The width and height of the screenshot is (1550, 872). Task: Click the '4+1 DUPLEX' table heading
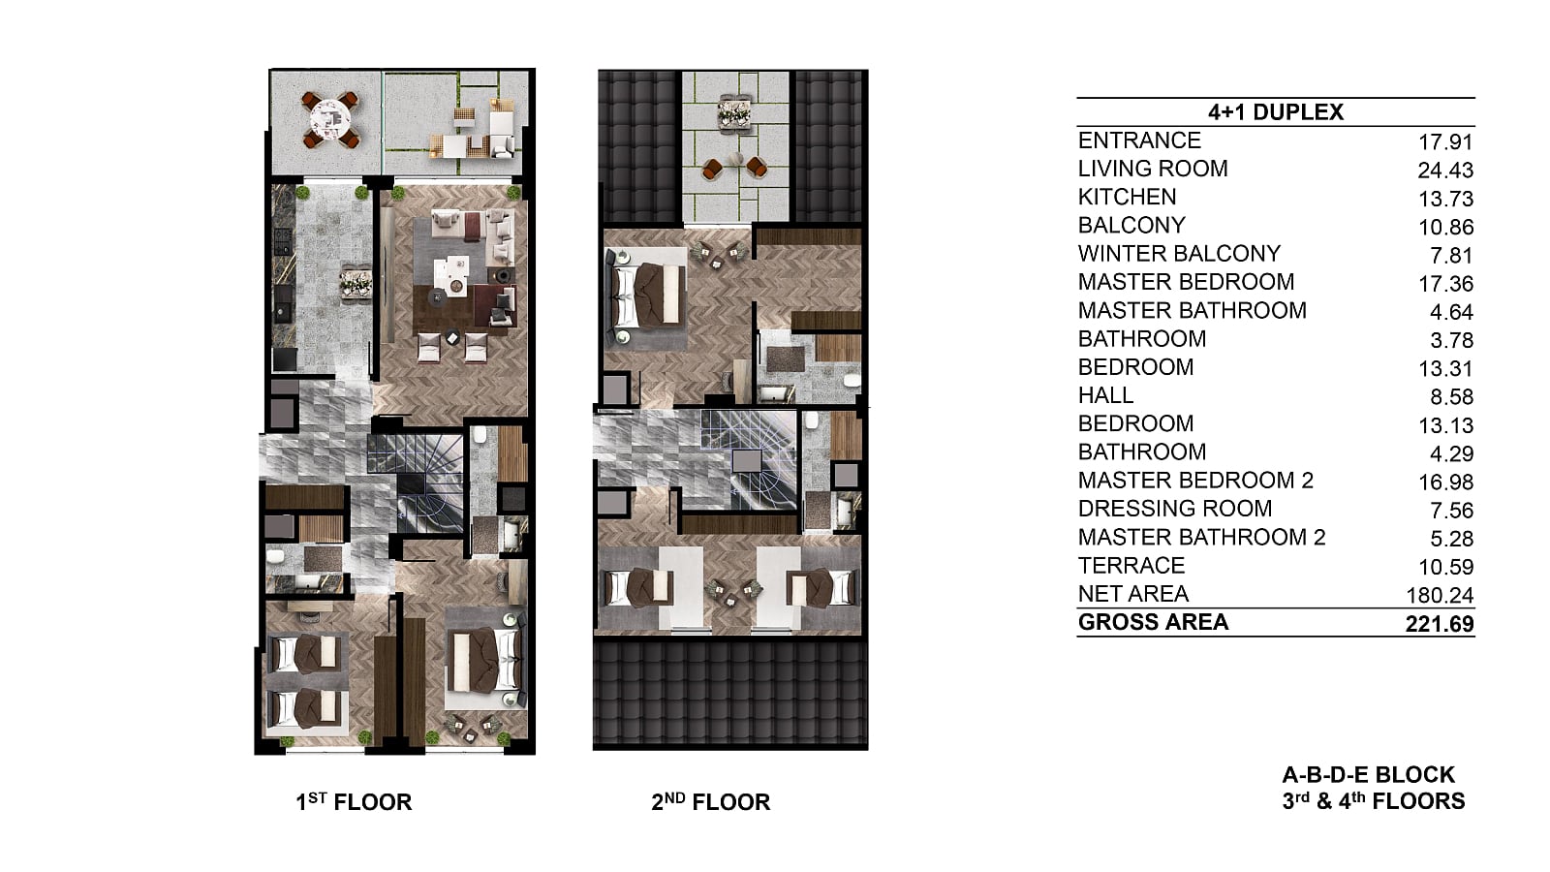(x=1275, y=112)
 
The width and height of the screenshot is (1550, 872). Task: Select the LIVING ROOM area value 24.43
(x=1445, y=171)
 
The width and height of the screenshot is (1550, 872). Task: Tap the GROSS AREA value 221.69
(x=1440, y=624)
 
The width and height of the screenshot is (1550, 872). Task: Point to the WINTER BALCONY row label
(x=1179, y=253)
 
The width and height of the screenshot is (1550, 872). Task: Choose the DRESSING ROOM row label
(x=1175, y=509)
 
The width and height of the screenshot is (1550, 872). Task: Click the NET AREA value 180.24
(x=1440, y=595)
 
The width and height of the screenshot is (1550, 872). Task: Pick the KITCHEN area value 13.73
(x=1445, y=199)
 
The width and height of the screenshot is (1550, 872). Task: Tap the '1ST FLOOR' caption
(x=354, y=801)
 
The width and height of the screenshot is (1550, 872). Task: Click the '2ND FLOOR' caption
(x=711, y=801)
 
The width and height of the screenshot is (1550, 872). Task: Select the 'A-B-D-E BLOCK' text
(x=1368, y=774)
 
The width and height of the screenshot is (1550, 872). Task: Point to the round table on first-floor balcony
(x=330, y=120)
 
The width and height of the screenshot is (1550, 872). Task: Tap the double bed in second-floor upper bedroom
(x=645, y=296)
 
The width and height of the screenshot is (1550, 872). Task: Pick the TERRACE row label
(x=1131, y=566)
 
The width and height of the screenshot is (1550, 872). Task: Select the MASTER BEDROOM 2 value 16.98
(x=1445, y=483)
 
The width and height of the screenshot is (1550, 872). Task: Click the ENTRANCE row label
(x=1139, y=140)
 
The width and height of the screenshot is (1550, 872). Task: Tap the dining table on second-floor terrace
(x=734, y=110)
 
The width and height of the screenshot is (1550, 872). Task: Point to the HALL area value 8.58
(x=1452, y=397)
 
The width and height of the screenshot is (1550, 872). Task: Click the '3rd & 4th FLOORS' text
(x=1374, y=801)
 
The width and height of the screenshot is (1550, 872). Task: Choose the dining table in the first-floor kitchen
(x=356, y=284)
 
